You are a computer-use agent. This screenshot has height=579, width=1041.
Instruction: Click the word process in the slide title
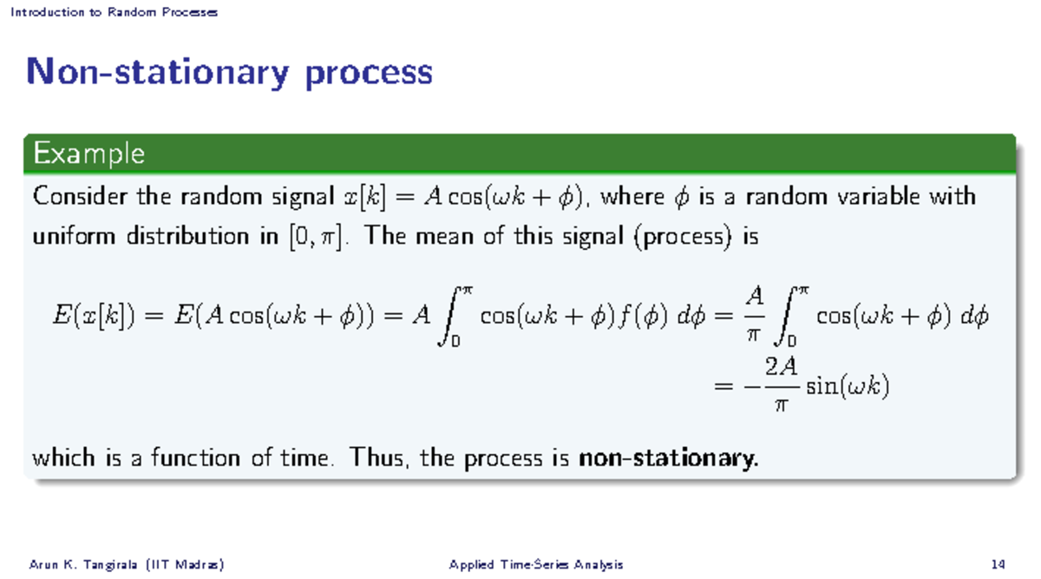368,73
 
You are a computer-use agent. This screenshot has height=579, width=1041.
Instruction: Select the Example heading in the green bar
88,155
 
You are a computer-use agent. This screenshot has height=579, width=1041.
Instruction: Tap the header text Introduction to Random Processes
114,12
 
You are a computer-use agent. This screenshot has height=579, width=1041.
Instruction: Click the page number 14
998,565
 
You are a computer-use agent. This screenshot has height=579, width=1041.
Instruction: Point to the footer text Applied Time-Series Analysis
535,565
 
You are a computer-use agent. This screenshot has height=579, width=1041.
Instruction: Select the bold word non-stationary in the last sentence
667,457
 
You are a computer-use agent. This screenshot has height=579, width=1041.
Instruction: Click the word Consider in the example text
81,197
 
